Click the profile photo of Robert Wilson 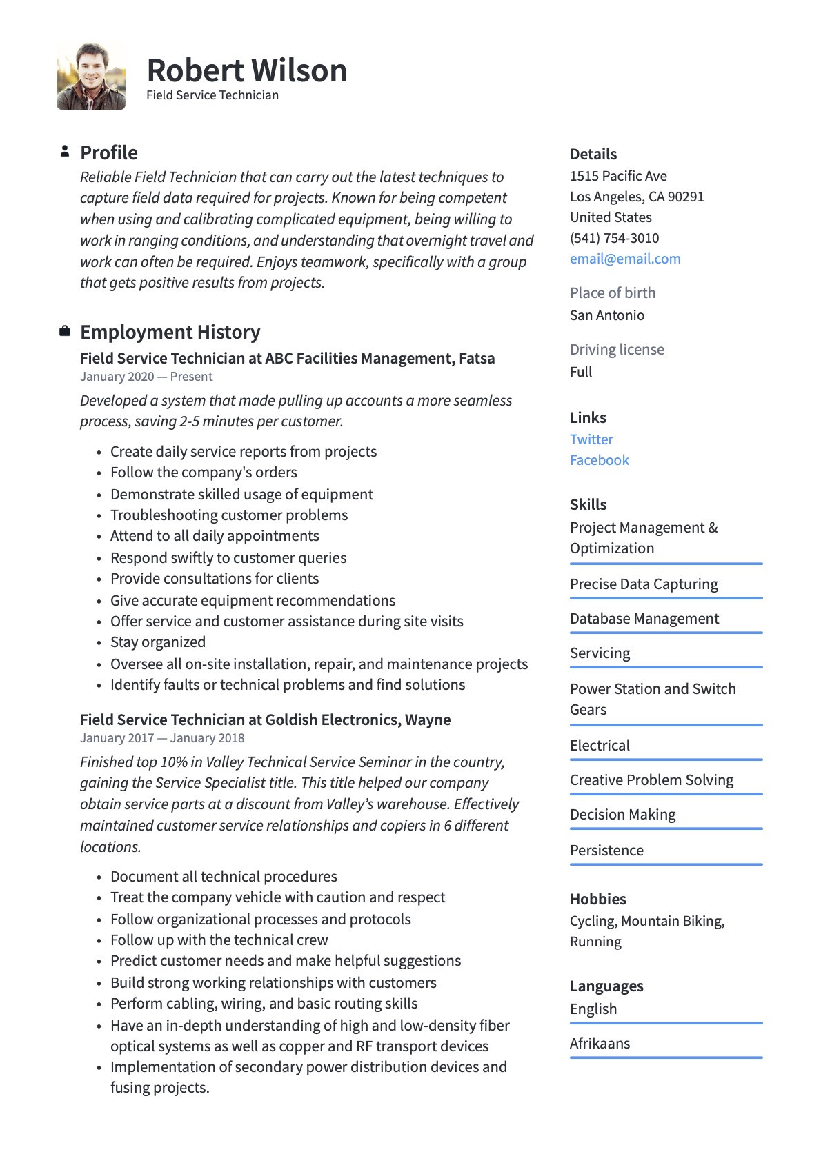point(91,77)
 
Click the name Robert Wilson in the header point(246,70)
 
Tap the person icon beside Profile point(65,151)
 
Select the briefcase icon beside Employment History point(65,331)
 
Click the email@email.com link point(625,259)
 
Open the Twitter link point(591,439)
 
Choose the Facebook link point(599,460)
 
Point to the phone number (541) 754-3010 point(614,238)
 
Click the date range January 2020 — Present point(146,377)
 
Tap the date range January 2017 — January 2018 point(162,738)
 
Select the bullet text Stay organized point(158,642)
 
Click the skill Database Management point(644,619)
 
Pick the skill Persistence point(606,851)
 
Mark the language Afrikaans point(600,1044)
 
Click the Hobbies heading point(597,899)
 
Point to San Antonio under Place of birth point(607,315)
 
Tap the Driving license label point(617,350)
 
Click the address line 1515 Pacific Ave point(618,176)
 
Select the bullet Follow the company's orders point(204,473)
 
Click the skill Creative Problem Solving point(651,780)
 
